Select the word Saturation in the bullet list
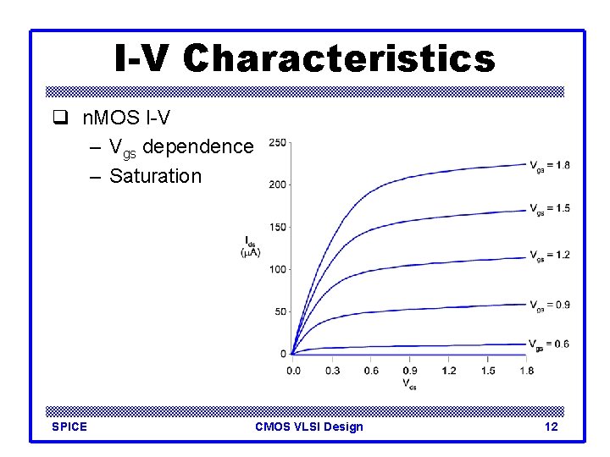click(155, 176)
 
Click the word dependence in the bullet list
click(198, 147)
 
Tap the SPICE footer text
click(69, 427)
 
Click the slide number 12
click(551, 427)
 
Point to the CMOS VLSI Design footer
click(308, 427)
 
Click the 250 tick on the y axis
click(276, 142)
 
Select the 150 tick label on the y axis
click(276, 227)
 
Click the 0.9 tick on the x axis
click(409, 370)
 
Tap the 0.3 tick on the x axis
click(331, 370)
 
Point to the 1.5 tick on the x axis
click(487, 370)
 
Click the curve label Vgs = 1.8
click(550, 165)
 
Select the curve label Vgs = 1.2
click(550, 256)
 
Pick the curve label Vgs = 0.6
click(550, 344)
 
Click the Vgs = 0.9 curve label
click(550, 305)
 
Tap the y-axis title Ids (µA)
click(252, 245)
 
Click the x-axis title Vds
click(409, 383)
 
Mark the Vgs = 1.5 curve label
click(550, 208)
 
